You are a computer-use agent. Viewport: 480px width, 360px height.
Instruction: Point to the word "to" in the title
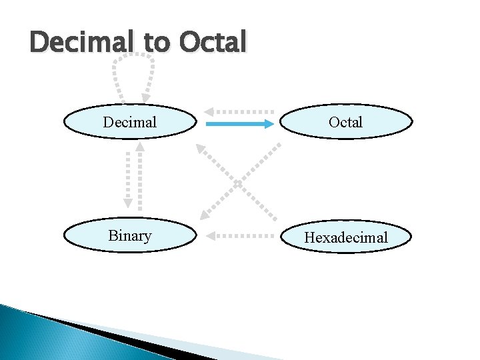[x=157, y=43]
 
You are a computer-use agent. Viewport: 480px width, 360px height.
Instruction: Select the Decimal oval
[x=130, y=122]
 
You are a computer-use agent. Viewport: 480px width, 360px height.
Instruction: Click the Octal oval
[x=345, y=122]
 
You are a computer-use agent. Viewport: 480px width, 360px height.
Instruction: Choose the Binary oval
[x=130, y=236]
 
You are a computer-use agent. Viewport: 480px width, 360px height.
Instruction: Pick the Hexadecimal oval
[x=345, y=237]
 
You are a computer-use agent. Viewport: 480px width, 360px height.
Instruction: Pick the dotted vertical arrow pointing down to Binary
[x=125, y=177]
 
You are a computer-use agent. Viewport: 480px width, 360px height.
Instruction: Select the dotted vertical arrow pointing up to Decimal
[x=139, y=177]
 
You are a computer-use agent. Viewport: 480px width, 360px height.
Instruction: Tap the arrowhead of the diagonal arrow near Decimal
[x=200, y=148]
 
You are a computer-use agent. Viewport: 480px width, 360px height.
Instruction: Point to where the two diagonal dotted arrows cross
[x=238, y=181]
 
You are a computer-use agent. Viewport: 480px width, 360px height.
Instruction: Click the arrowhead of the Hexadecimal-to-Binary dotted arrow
[x=209, y=235]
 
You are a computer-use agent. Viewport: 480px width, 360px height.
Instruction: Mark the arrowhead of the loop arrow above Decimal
[x=145, y=98]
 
